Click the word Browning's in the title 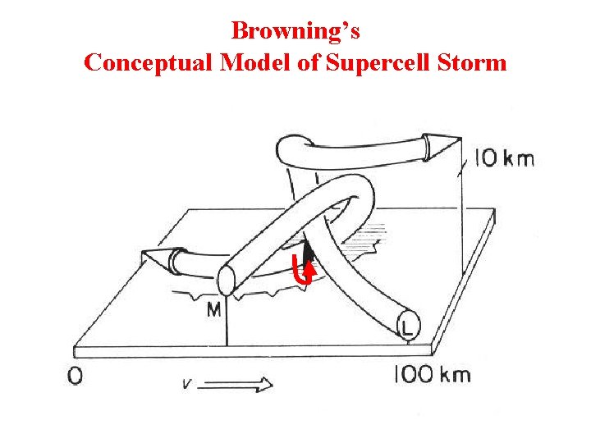pos(295,31)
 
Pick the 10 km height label pos(504,158)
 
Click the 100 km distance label pos(432,375)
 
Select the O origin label pos(76,377)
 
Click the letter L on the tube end pos(407,328)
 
